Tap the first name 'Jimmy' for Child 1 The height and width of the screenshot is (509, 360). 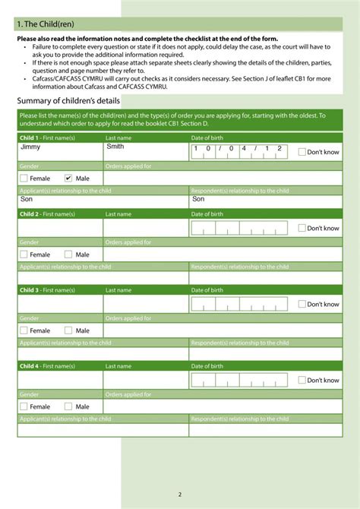pyautogui.click(x=30, y=146)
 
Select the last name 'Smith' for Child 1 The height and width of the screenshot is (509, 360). pyautogui.click(x=115, y=146)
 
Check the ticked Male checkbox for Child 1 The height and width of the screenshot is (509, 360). pyautogui.click(x=68, y=179)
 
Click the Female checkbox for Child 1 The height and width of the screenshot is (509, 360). pyautogui.click(x=24, y=179)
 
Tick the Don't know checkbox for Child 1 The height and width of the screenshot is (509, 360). pyautogui.click(x=302, y=152)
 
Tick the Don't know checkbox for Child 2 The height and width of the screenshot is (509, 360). pyautogui.click(x=302, y=228)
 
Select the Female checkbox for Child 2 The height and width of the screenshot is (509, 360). pyautogui.click(x=24, y=254)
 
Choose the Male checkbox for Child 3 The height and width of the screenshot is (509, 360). pyautogui.click(x=68, y=330)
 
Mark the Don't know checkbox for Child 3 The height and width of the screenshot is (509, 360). pyautogui.click(x=302, y=304)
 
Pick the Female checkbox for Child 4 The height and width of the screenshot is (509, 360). pyautogui.click(x=24, y=406)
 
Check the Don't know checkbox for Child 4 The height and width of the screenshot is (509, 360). pyautogui.click(x=302, y=380)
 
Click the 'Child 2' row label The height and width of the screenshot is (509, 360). pyautogui.click(x=29, y=214)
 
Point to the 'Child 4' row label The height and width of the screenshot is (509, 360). pyautogui.click(x=29, y=366)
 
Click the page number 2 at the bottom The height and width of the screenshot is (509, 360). pyautogui.click(x=180, y=495)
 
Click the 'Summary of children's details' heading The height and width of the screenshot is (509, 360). pyautogui.click(x=68, y=101)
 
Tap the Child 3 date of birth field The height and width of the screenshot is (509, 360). pyautogui.click(x=239, y=304)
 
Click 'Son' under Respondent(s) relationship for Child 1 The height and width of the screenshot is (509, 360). pyautogui.click(x=199, y=199)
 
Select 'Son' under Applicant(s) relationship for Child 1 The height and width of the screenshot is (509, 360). pyautogui.click(x=27, y=199)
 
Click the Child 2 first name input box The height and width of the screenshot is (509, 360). pyautogui.click(x=60, y=228)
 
